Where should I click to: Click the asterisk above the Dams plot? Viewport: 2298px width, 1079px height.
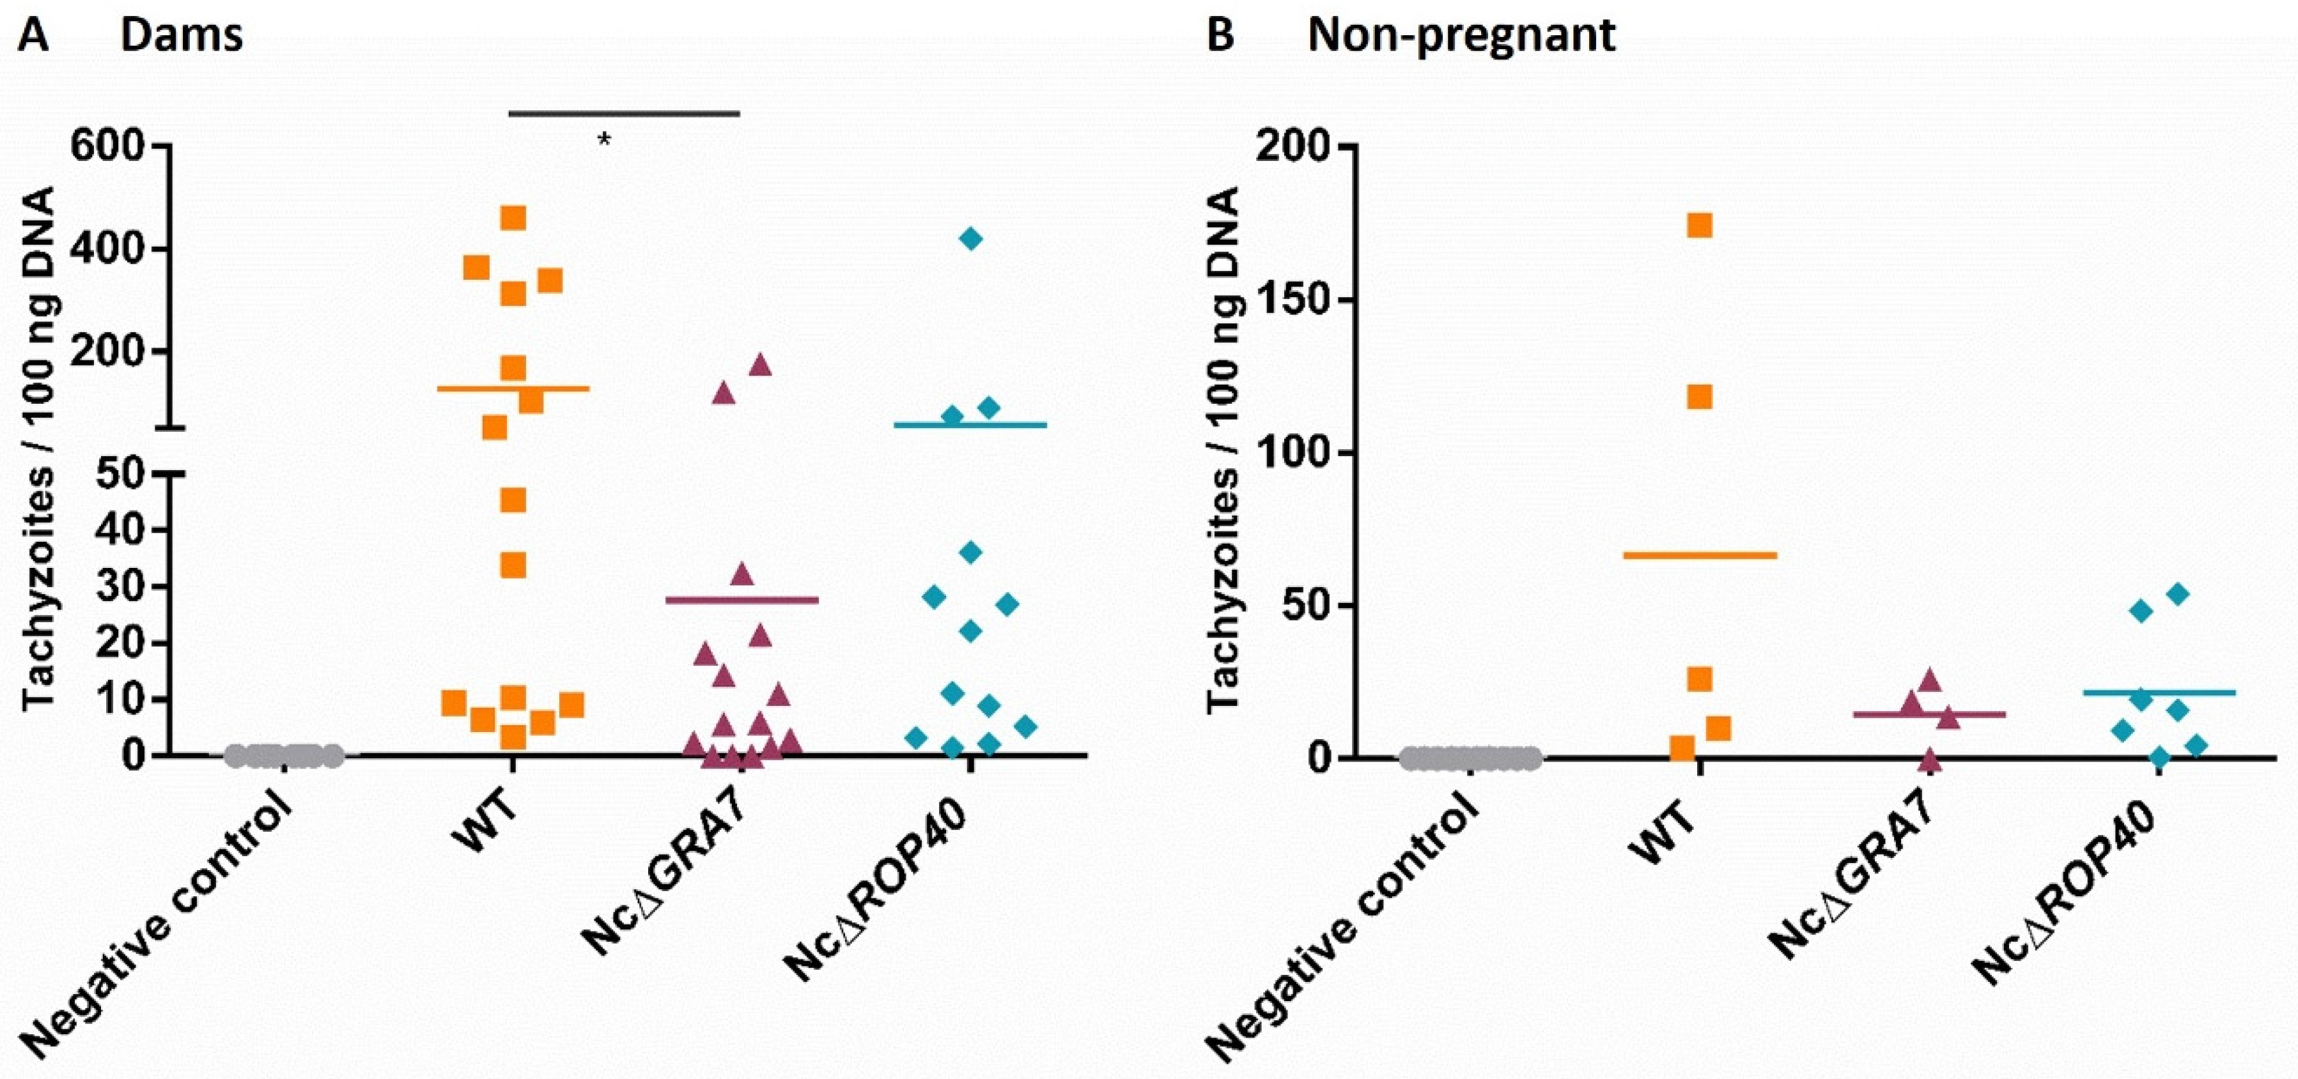(605, 140)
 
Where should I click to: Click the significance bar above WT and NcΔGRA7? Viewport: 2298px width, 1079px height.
(624, 113)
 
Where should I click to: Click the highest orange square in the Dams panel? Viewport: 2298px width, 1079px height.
(513, 218)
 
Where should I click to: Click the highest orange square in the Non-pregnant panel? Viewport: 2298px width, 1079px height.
(1700, 225)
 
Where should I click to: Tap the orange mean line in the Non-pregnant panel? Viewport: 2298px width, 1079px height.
(1700, 555)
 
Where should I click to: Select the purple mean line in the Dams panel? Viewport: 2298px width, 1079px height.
(742, 600)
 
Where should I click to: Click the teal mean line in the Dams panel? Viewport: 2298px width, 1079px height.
(970, 424)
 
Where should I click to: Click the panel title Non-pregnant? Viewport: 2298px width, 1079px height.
(1461, 36)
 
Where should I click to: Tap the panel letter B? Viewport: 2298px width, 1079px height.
(1220, 36)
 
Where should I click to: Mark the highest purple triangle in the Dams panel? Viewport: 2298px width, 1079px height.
(760, 364)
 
